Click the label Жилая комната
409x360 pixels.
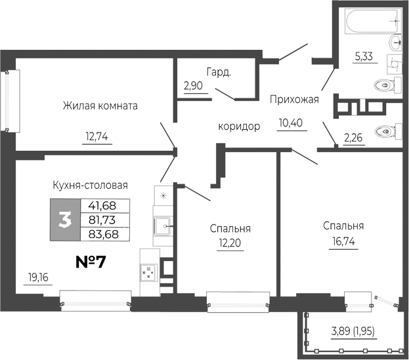(x=100, y=106)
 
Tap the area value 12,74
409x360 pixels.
(x=95, y=137)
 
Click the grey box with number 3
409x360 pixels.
(x=65, y=220)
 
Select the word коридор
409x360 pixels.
(x=239, y=126)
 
